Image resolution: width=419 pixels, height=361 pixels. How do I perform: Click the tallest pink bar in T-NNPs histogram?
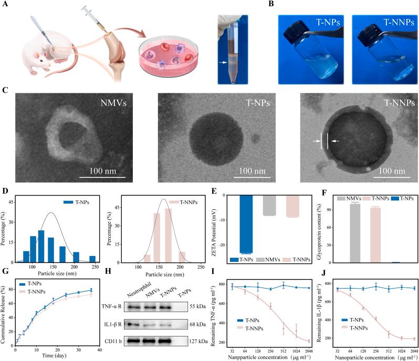point(168,235)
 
